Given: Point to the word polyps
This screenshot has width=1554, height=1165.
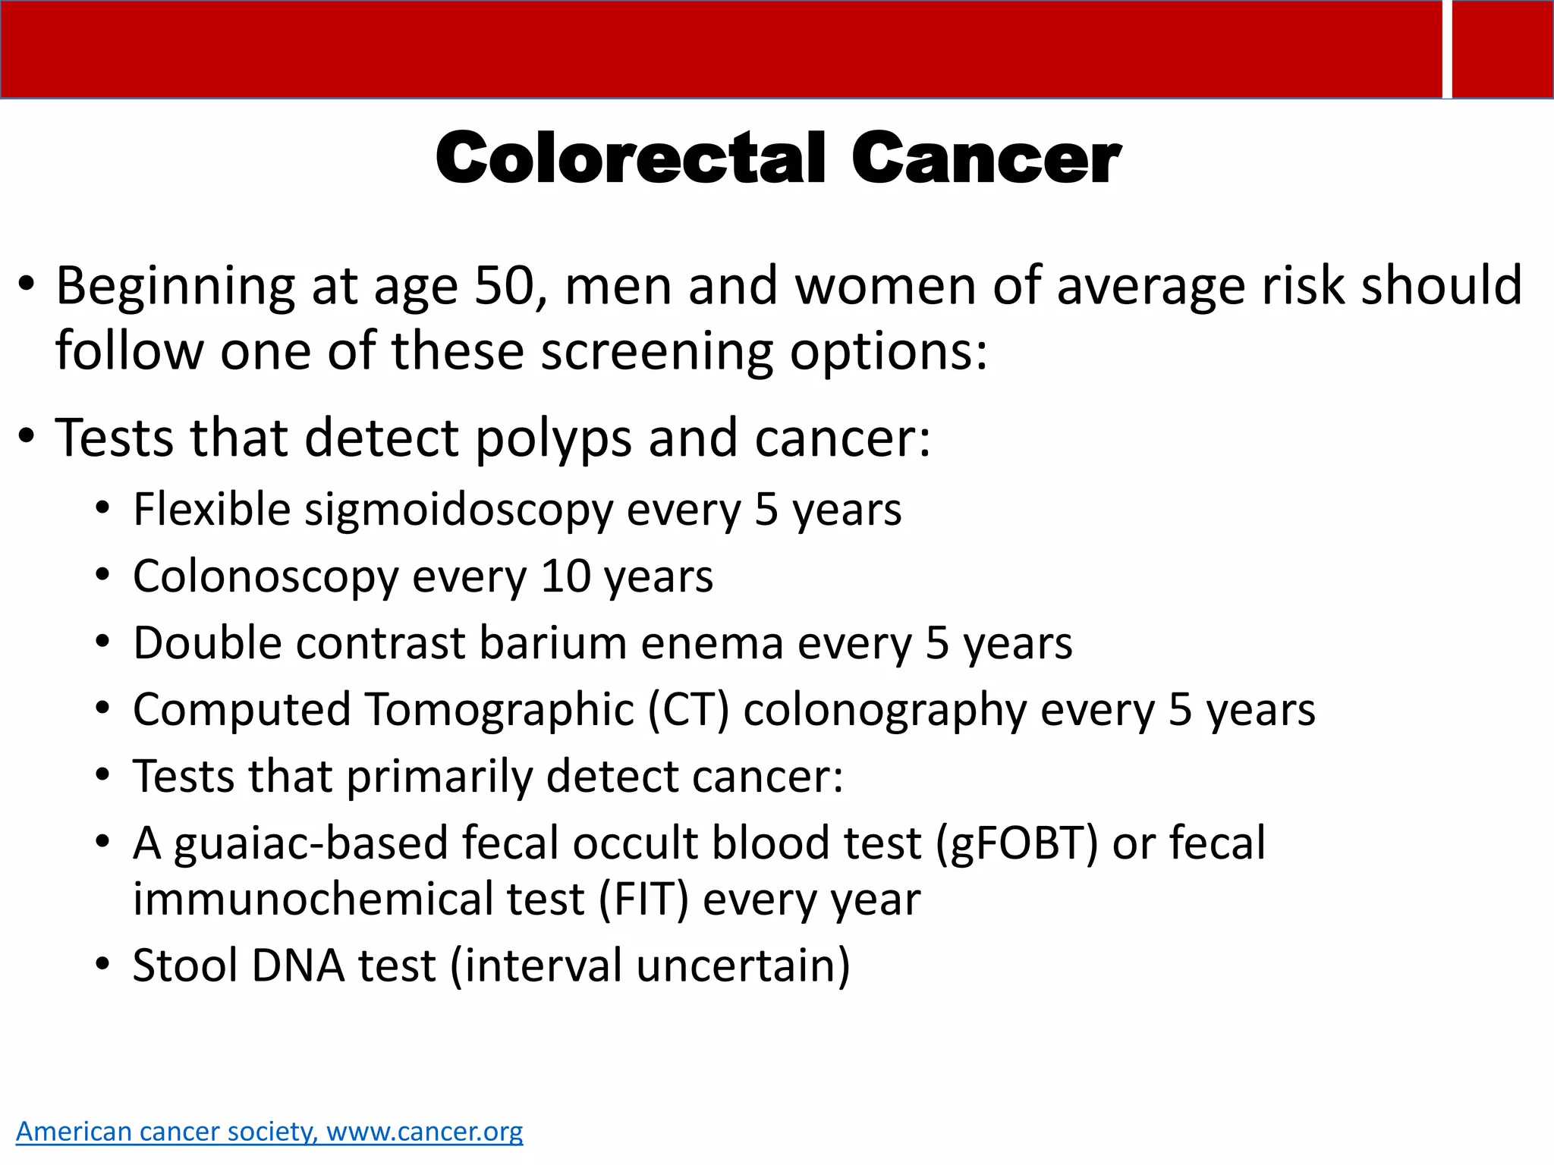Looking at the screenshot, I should (553, 440).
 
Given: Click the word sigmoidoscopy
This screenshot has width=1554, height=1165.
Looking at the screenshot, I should (458, 510).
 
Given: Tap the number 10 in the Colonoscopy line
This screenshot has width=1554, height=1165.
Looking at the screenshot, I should (565, 576).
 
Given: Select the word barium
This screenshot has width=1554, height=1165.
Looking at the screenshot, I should (552, 643).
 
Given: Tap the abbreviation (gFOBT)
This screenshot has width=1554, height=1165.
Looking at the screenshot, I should (1017, 843).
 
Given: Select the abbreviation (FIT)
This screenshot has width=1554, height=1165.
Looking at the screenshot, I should (643, 900).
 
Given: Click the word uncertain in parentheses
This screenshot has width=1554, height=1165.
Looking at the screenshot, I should (743, 966).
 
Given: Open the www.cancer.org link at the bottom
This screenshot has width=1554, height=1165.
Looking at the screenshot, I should (424, 1131).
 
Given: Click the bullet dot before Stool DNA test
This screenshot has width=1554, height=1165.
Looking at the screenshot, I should (103, 966).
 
